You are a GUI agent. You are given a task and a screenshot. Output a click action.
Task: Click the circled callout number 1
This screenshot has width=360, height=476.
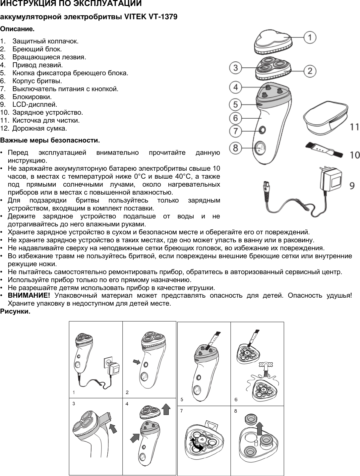click(310, 37)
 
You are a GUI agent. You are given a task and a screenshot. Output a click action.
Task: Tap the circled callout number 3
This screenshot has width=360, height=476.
click(236, 68)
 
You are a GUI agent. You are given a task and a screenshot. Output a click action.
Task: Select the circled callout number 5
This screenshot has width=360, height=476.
click(236, 105)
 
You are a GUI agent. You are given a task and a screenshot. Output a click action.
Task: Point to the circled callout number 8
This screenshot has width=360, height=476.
click(236, 148)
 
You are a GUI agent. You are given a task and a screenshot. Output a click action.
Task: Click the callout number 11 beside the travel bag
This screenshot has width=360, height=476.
click(354, 127)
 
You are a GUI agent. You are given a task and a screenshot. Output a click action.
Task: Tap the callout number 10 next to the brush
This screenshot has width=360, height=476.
click(354, 155)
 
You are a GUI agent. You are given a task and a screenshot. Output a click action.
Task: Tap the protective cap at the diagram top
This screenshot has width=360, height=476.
click(273, 41)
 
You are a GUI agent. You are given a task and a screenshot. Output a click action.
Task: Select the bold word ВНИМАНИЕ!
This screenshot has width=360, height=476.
click(29, 295)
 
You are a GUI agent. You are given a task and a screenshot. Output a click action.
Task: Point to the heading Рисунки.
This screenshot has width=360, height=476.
click(15, 312)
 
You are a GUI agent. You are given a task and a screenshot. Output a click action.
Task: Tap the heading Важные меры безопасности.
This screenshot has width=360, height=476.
click(50, 140)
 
